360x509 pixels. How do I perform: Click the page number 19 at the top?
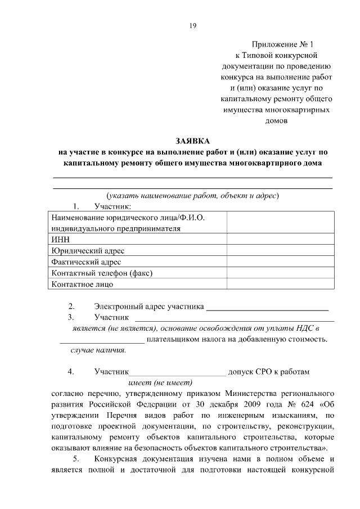point(192,25)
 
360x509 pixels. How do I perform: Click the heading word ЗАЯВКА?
point(192,141)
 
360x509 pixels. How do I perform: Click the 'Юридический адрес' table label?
point(87,250)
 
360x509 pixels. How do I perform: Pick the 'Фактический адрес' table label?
point(85,262)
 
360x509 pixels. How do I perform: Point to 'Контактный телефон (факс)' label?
point(102,273)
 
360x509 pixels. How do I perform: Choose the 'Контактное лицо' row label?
point(82,284)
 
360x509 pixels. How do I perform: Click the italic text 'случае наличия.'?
point(98,350)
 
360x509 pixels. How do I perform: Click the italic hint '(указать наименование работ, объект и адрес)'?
point(192,196)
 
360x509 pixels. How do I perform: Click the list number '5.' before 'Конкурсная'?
point(75,458)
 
